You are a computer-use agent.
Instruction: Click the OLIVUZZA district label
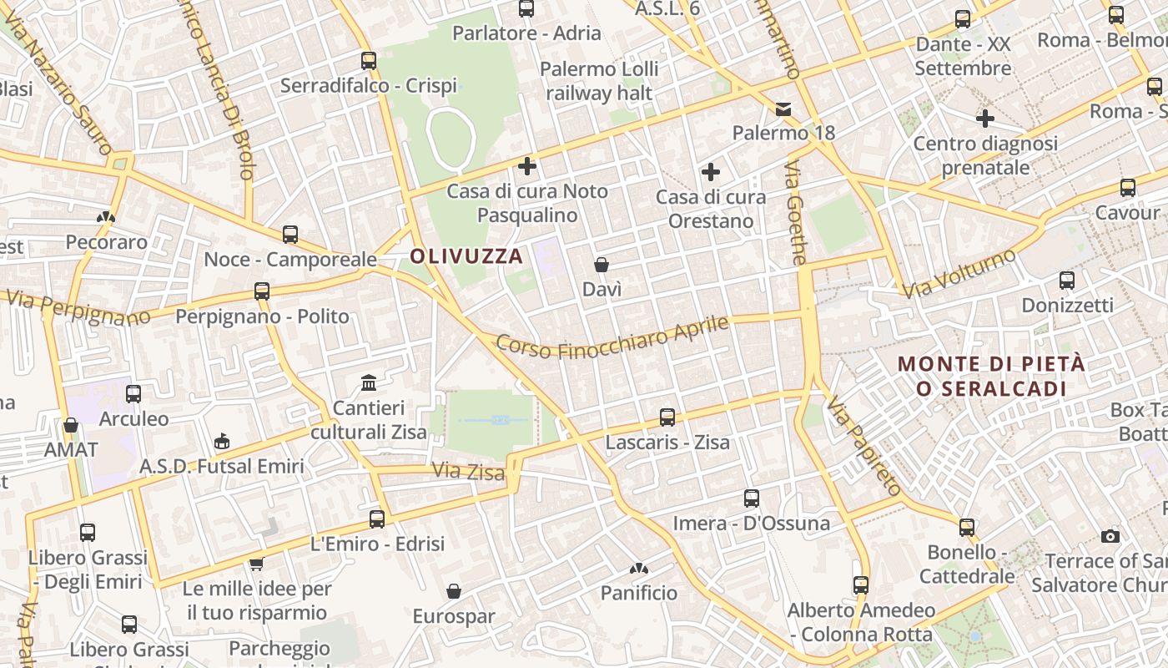click(x=467, y=256)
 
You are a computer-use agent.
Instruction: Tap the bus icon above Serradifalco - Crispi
click(x=369, y=60)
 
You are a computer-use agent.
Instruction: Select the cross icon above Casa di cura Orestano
click(x=711, y=172)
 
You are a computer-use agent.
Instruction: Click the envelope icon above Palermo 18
click(x=783, y=109)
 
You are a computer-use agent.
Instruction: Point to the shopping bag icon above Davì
click(x=602, y=265)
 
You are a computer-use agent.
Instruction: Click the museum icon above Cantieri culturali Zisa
click(x=369, y=382)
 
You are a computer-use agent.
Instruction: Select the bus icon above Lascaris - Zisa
click(x=667, y=417)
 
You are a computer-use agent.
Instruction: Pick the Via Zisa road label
click(x=468, y=472)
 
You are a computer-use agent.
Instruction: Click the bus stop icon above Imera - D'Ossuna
click(x=752, y=498)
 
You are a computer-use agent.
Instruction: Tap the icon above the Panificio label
click(x=639, y=569)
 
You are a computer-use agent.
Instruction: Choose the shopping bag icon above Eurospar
click(x=454, y=591)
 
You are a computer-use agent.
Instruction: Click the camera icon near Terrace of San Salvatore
click(x=1110, y=536)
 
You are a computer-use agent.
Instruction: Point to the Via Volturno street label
click(x=960, y=273)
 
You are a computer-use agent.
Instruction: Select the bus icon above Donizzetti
click(x=1067, y=280)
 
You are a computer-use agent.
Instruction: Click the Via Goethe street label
click(x=797, y=214)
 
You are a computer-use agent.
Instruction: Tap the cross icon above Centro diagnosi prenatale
click(x=985, y=118)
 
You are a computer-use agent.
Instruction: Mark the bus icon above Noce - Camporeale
click(x=290, y=235)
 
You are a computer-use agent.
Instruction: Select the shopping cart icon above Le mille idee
click(x=257, y=564)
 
